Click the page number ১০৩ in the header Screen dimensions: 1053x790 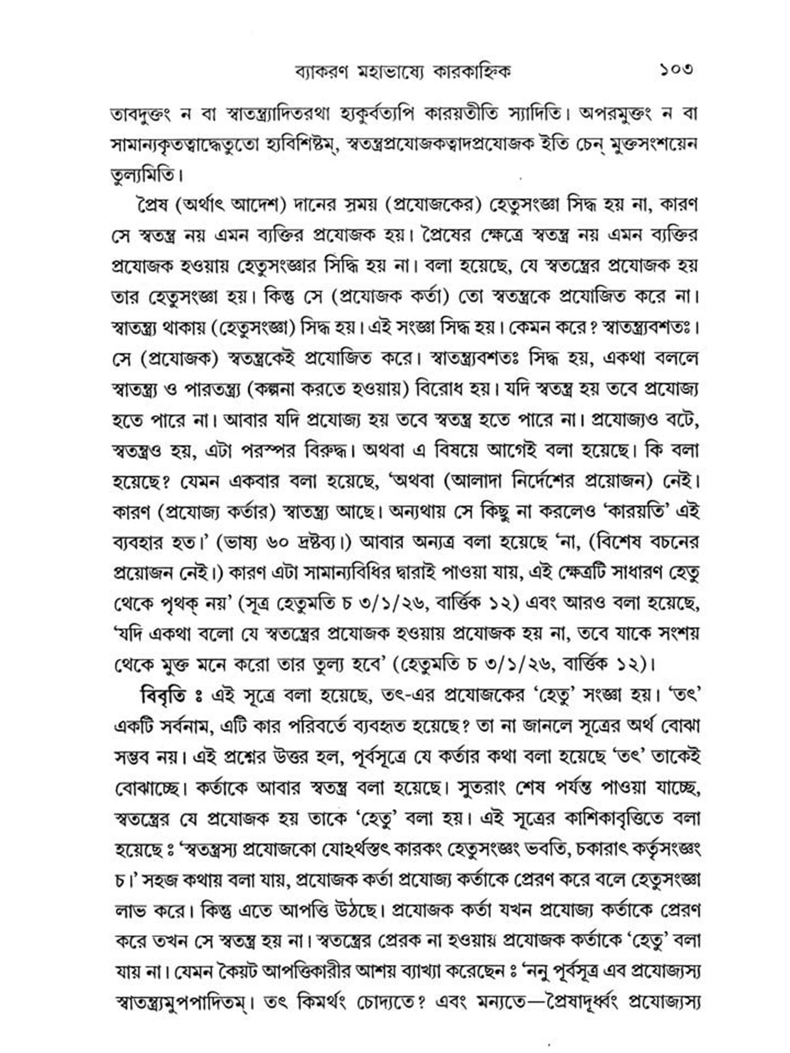[676, 70]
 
